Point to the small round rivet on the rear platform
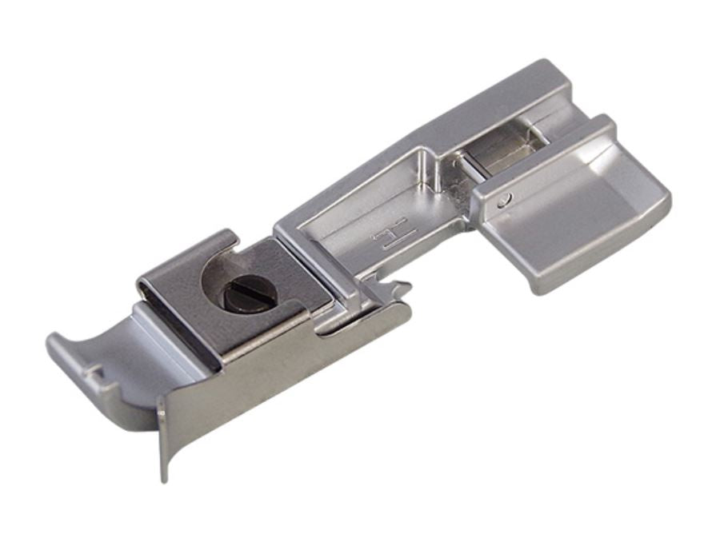506,200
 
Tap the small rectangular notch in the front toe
96,373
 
